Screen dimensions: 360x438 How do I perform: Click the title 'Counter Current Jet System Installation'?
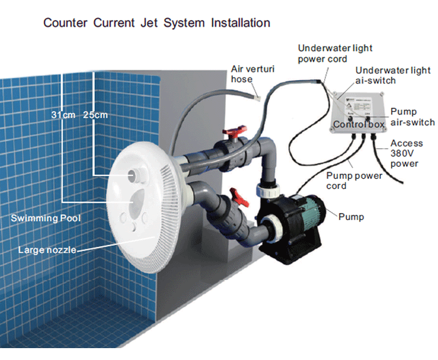tap(156, 23)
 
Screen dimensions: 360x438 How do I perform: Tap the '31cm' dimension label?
tap(63, 114)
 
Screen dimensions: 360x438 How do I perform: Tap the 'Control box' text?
tap(358, 124)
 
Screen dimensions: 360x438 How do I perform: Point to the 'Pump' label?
tap(350, 217)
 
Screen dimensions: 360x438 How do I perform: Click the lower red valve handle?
tap(235, 195)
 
